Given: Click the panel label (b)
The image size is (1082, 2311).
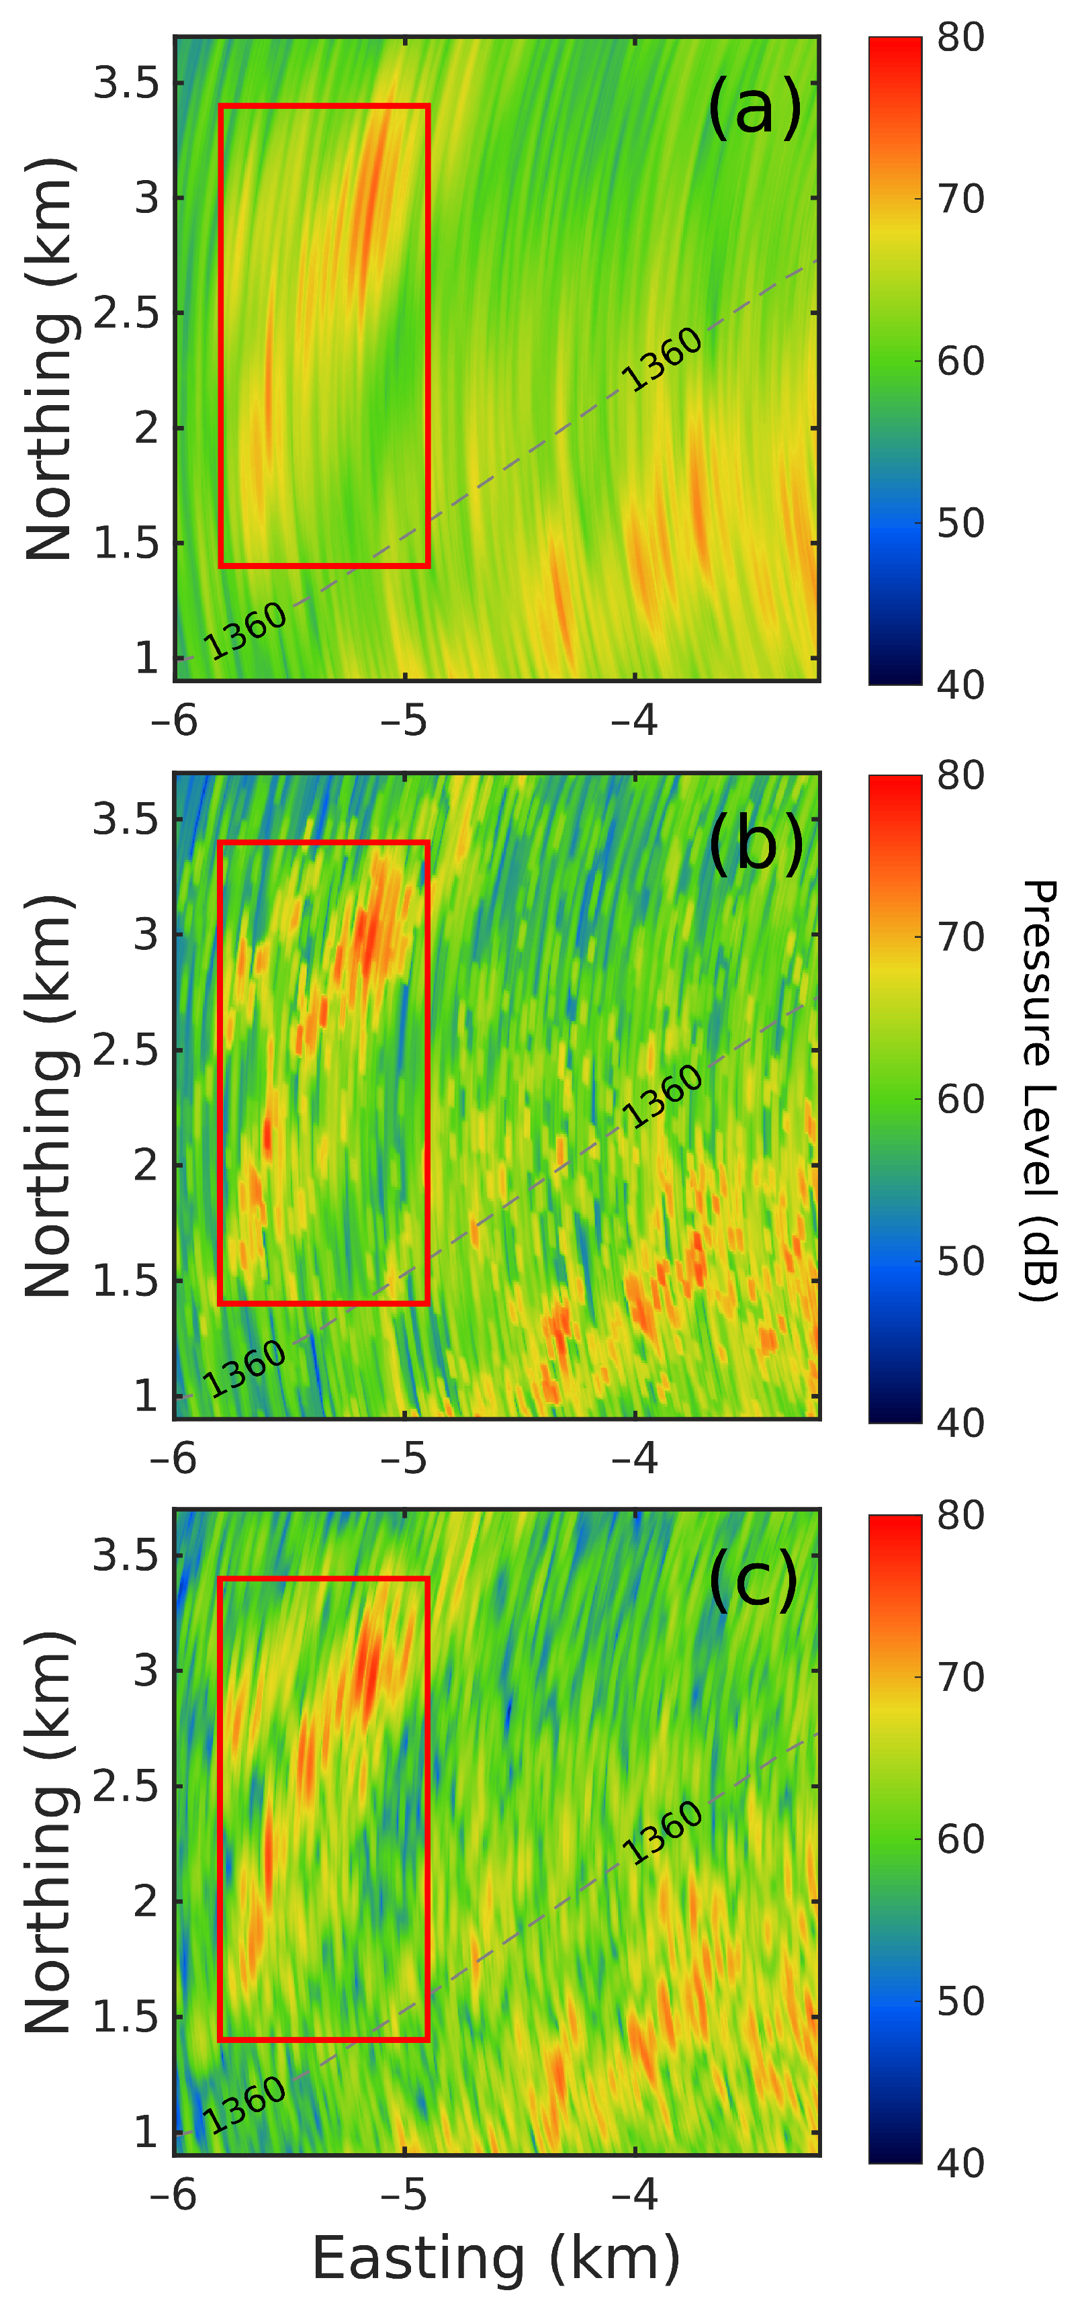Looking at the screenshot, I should click(756, 845).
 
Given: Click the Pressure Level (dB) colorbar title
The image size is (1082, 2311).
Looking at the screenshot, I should click(1039, 1090).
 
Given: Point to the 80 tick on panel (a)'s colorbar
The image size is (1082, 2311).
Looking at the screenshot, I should click(960, 38).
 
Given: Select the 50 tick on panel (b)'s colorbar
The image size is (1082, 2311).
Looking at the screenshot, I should click(960, 1260).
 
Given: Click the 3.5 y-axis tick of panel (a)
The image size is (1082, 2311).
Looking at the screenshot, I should click(126, 83).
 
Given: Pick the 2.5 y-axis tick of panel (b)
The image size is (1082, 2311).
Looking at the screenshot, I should click(126, 1049).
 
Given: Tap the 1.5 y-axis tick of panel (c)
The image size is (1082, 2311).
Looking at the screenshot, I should click(126, 2017).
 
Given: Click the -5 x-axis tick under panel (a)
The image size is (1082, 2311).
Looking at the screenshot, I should click(404, 720).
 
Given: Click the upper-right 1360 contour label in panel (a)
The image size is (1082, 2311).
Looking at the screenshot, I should click(662, 359).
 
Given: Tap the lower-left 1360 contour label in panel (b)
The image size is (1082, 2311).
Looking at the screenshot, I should click(244, 1368).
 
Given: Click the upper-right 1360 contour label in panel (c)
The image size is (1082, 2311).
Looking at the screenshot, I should click(662, 1832).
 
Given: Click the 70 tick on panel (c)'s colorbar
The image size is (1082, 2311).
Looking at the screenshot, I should click(960, 1677).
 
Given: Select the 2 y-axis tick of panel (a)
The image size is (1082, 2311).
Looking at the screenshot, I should click(146, 428).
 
